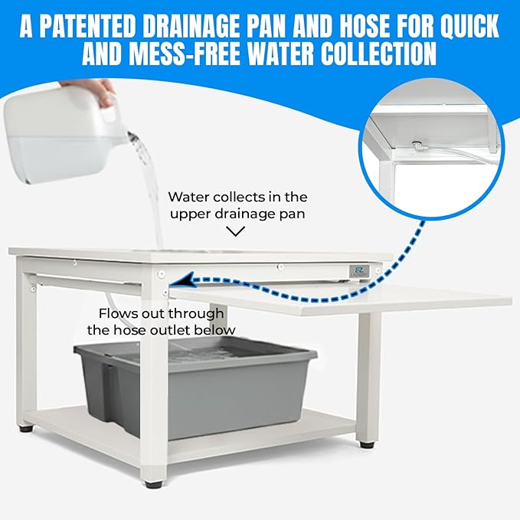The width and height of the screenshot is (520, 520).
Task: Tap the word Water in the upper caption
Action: tap(187, 197)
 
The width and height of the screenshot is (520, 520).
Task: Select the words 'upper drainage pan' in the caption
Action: tap(237, 214)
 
